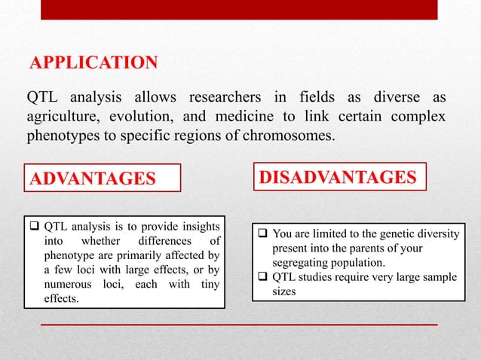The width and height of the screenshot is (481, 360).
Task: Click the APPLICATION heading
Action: (93, 62)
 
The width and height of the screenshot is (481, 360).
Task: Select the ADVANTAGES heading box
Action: (103, 178)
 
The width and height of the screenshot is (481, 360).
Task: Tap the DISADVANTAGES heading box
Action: (338, 177)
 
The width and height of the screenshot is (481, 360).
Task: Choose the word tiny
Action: (207, 284)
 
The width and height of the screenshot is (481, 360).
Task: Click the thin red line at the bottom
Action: (239, 324)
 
